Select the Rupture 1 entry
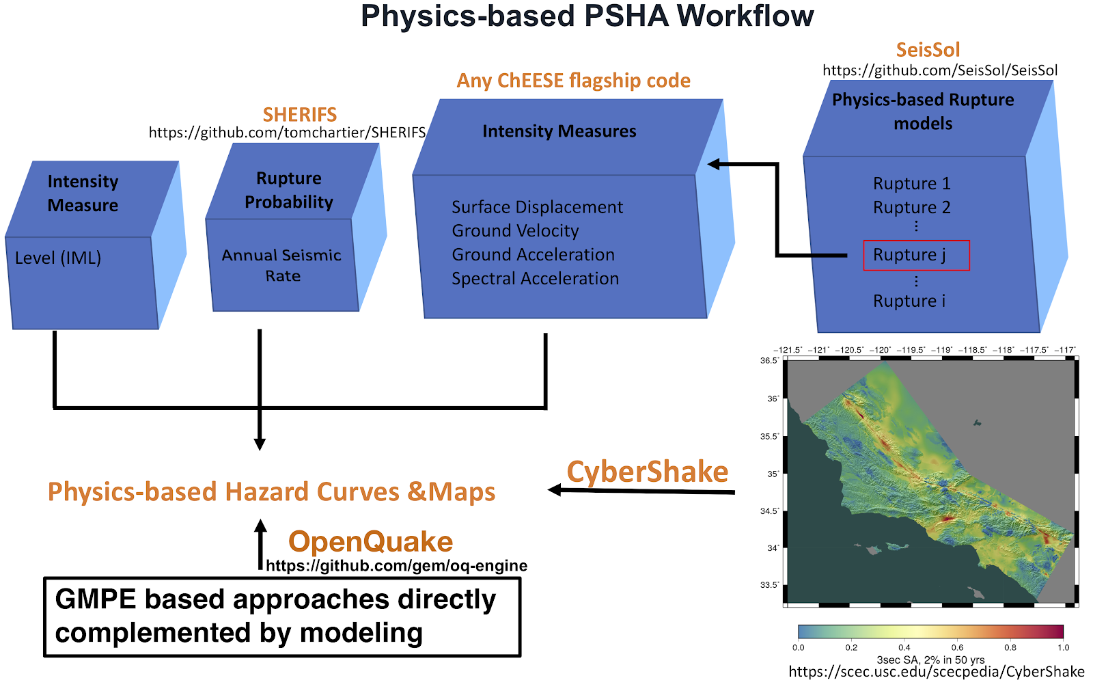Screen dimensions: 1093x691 pos(911,184)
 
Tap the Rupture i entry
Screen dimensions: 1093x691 pos(909,301)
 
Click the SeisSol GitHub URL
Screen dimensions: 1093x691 pos(940,70)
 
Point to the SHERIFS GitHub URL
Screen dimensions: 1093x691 pos(287,133)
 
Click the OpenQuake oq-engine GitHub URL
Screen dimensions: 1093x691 pos(397,565)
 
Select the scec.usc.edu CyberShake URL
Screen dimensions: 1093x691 pos(937,672)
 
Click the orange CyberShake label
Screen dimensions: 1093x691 pos(647,472)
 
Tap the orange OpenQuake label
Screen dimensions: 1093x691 pos(370,541)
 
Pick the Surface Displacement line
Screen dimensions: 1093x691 pos(537,207)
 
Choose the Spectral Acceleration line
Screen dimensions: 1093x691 pos(536,278)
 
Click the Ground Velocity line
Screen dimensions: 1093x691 pos(515,230)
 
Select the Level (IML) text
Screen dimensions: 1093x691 pos(58,258)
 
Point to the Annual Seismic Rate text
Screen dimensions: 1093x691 pos(281,265)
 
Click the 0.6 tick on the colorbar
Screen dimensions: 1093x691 pos(957,647)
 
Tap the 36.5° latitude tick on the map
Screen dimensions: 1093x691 pos(769,361)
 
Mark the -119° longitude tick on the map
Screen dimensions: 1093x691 pos(942,350)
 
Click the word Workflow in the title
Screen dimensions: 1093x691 pos(745,16)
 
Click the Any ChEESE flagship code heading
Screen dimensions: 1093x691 pos(574,81)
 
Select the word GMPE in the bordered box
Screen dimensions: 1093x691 pos(96,599)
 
